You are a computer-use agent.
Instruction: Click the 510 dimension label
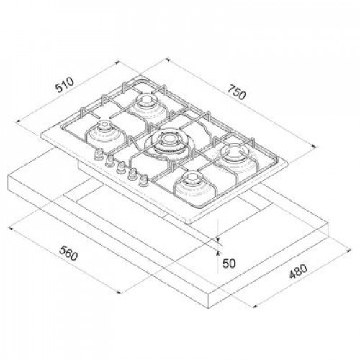pos(64,85)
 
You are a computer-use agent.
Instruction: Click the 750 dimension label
pos(236,92)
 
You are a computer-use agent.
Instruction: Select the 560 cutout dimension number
pos(68,253)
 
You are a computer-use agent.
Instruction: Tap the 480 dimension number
pos(298,271)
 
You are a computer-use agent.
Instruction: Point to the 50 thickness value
pos(229,264)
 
